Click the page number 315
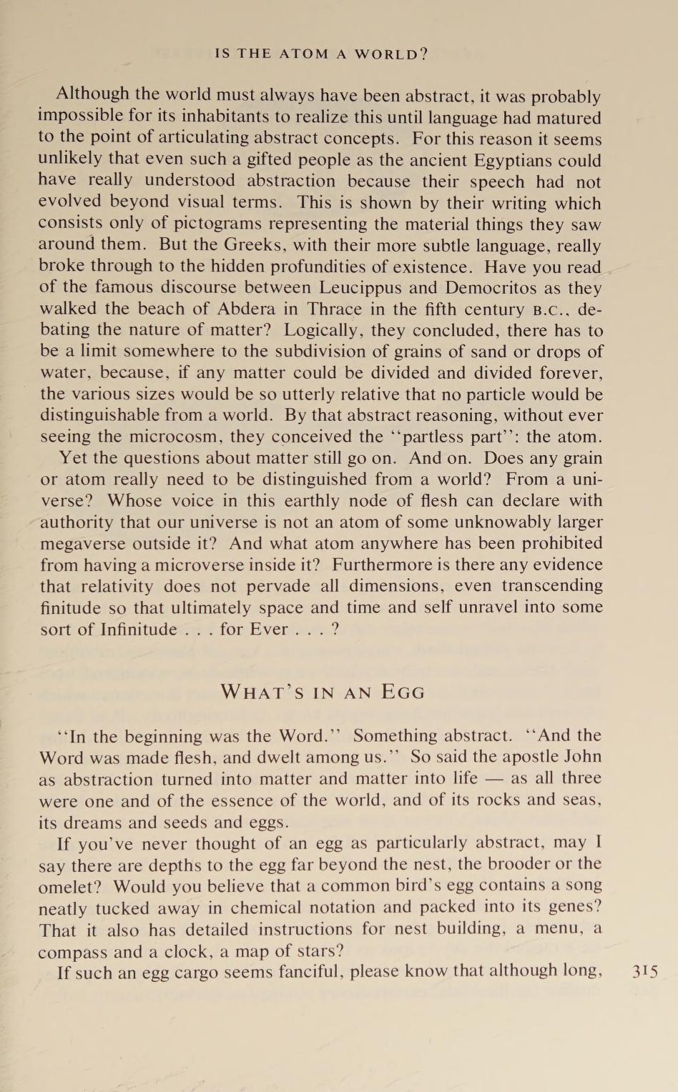pos(645,972)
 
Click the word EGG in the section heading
pos(403,693)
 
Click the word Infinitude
pos(138,630)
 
